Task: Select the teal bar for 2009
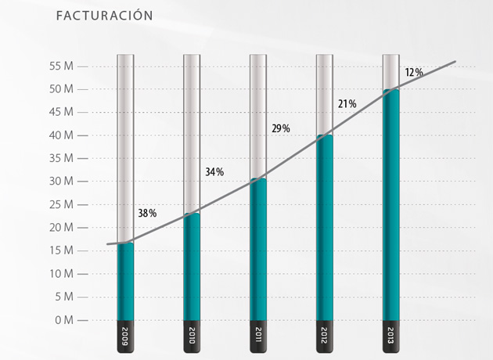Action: (x=125, y=282)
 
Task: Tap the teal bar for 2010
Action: (x=192, y=266)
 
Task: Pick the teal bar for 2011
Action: (x=258, y=250)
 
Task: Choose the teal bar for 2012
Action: (x=324, y=227)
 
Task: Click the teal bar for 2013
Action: (x=390, y=203)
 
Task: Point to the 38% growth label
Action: (x=147, y=213)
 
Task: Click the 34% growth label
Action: (x=214, y=171)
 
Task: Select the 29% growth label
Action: (x=281, y=128)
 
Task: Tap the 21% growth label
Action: (x=347, y=103)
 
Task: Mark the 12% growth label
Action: (x=414, y=73)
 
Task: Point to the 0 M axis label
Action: (x=63, y=320)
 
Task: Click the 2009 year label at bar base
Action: (x=125, y=337)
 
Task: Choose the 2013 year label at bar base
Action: (x=390, y=337)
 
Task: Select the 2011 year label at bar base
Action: (x=258, y=337)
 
